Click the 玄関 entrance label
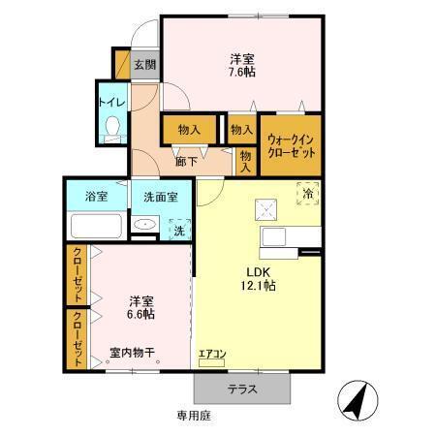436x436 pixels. (x=144, y=65)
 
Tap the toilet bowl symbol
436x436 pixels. (x=112, y=126)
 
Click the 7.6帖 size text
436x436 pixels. (x=241, y=72)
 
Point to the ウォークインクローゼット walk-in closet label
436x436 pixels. (x=290, y=144)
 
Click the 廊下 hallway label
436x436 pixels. (x=186, y=162)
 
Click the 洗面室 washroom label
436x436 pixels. (x=161, y=197)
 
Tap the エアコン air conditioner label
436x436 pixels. (x=211, y=354)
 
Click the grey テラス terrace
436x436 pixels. (x=242, y=388)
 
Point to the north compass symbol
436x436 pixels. (x=355, y=398)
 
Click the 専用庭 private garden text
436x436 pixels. (x=194, y=416)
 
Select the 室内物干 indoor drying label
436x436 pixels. (x=134, y=352)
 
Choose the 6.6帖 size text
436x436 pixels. (x=140, y=314)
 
